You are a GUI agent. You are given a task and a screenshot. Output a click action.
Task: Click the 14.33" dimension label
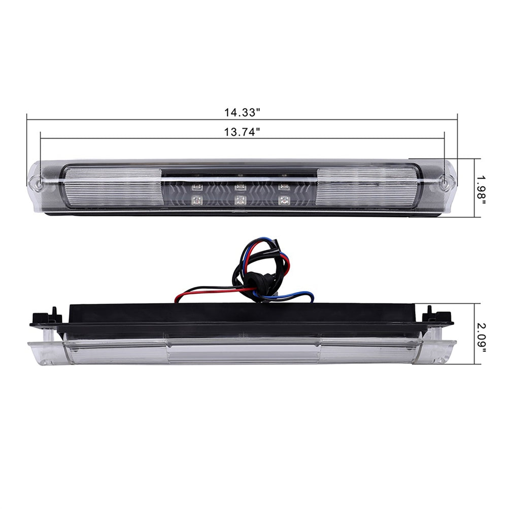pos(242,113)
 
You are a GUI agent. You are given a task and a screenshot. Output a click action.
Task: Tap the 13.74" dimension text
pos(242,132)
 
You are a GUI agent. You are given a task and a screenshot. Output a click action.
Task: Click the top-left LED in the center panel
pos(197,187)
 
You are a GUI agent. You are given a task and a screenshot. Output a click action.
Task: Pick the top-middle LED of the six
pos(240,187)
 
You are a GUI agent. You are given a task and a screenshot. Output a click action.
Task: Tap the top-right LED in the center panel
pos(283,187)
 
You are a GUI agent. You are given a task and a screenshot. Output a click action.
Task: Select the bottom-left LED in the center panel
pos(197,200)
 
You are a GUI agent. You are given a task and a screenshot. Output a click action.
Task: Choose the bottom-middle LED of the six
pos(240,200)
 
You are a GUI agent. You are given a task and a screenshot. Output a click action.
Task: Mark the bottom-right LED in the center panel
pos(283,200)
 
